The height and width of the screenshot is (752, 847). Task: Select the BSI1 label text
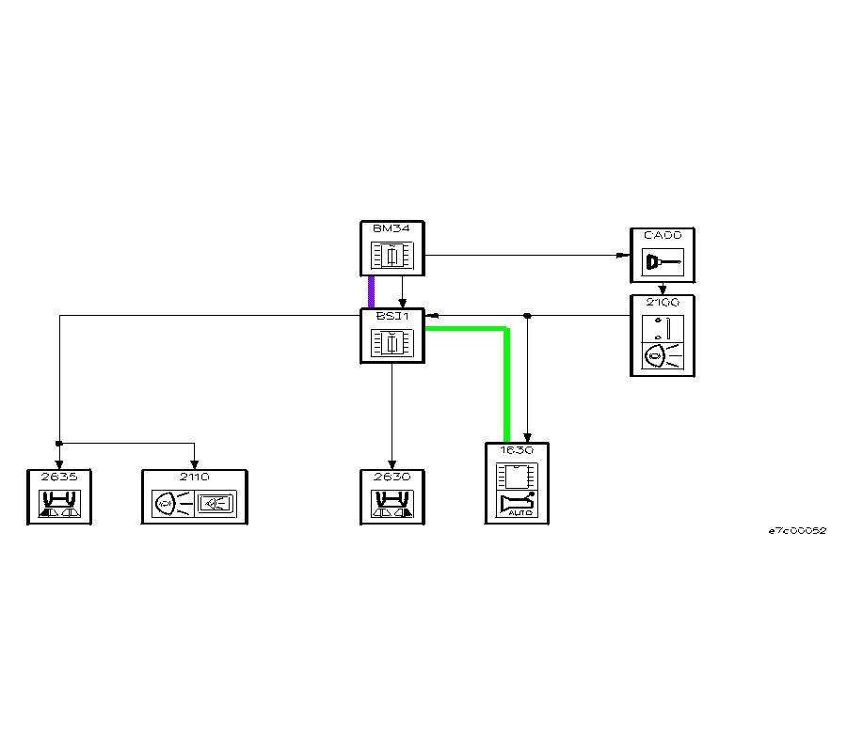point(392,316)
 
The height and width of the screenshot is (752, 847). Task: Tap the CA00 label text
point(662,235)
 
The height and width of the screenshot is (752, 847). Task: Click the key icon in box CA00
point(662,262)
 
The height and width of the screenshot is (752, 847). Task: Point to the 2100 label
point(662,303)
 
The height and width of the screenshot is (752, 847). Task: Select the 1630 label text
point(517,450)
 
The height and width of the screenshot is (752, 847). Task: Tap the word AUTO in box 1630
point(519,512)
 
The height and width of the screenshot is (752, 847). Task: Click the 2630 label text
point(392,477)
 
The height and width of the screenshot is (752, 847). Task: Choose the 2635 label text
point(58,477)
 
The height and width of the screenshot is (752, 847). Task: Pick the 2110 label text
point(195,477)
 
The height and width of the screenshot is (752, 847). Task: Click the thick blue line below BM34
point(372,292)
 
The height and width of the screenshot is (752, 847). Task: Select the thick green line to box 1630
point(506,385)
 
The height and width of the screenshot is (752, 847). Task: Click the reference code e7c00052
point(796,531)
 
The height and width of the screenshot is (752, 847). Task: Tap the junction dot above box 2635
point(58,443)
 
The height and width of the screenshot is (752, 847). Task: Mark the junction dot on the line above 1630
point(528,316)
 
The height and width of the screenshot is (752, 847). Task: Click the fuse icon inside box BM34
point(392,256)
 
